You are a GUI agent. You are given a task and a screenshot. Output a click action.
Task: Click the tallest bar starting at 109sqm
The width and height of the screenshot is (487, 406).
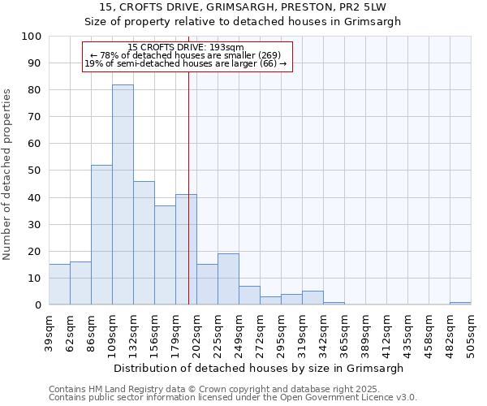click(x=123, y=195)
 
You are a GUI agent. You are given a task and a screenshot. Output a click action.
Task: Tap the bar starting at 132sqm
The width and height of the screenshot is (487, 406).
click(x=144, y=243)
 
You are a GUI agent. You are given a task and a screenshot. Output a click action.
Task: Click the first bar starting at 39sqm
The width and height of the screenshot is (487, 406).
click(x=59, y=284)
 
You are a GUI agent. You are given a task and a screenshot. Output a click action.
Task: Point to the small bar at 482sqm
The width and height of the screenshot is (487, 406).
click(x=460, y=303)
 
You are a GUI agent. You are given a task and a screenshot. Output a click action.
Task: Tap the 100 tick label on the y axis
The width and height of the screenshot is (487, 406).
click(x=32, y=37)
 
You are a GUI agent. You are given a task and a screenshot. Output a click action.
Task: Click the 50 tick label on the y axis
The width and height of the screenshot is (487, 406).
click(x=35, y=171)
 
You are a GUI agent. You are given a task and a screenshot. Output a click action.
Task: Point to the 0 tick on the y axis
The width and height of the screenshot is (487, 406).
click(x=38, y=305)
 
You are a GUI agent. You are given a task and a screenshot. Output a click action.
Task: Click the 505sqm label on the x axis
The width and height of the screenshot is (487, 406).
click(x=472, y=332)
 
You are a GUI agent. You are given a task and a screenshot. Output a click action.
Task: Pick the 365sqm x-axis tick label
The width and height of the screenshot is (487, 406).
click(x=345, y=332)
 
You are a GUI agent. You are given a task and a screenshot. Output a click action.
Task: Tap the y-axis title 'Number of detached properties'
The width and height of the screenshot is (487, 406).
click(x=8, y=175)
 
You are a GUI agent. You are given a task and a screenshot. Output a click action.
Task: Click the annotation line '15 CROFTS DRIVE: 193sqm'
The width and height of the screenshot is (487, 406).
click(x=186, y=48)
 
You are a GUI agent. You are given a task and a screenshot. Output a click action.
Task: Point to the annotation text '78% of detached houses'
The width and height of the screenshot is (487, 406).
click(x=186, y=55)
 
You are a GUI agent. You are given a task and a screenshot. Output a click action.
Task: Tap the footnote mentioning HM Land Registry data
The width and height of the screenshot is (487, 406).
click(x=213, y=390)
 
